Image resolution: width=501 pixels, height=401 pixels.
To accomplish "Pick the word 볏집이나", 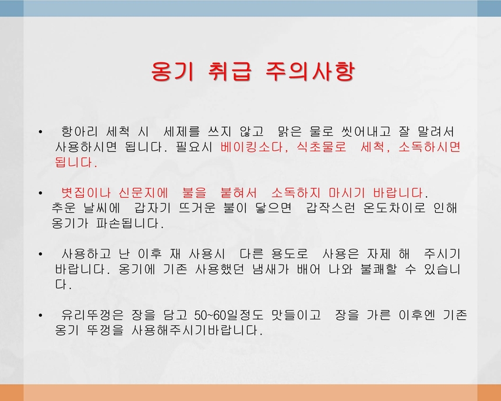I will (85, 192).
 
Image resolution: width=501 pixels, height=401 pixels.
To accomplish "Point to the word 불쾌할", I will (376, 270).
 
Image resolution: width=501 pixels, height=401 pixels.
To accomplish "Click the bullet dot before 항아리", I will (40, 132).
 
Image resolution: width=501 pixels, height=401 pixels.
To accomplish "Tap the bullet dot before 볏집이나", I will (40, 193).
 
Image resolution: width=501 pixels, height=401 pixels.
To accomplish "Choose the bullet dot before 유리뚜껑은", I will (40, 316).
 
